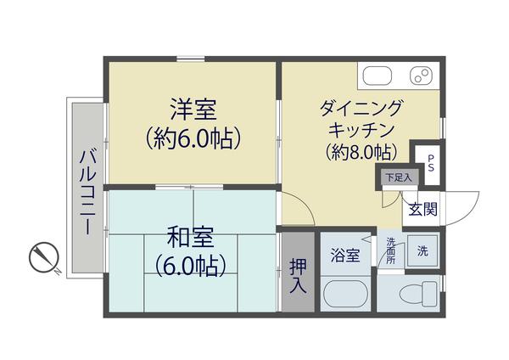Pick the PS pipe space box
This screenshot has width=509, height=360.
click(430, 162)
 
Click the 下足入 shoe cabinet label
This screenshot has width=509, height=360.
click(395, 177)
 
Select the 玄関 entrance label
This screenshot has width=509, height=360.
click(422, 208)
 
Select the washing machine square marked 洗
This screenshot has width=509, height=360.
click(422, 252)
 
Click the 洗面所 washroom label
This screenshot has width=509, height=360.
click(391, 252)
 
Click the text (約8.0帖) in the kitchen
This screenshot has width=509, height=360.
click(360, 152)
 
